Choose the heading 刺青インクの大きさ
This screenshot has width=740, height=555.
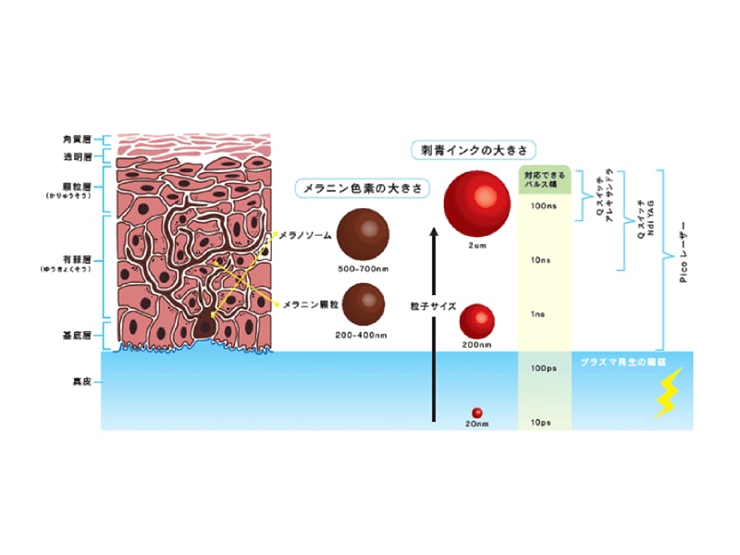pyautogui.click(x=475, y=148)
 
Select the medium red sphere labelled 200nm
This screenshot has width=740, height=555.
pyautogui.click(x=477, y=321)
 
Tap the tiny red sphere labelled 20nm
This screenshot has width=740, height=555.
pyautogui.click(x=477, y=412)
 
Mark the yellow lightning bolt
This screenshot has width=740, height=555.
pyautogui.click(x=668, y=393)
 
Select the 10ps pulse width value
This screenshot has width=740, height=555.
pyautogui.click(x=544, y=422)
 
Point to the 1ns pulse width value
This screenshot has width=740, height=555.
pyautogui.click(x=544, y=314)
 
